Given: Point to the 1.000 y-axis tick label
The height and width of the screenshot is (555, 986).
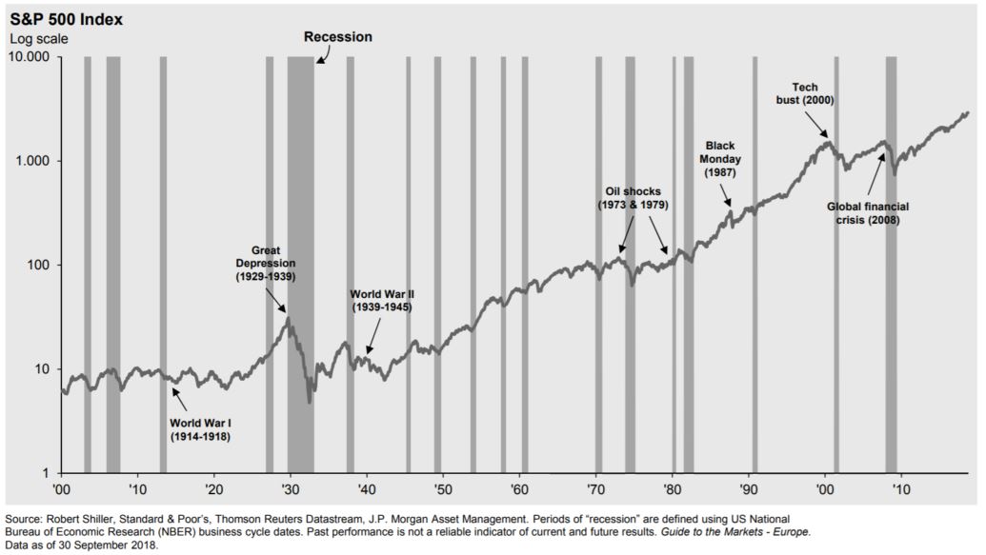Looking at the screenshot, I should [x=34, y=161].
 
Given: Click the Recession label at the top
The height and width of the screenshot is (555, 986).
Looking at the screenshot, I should [x=337, y=37].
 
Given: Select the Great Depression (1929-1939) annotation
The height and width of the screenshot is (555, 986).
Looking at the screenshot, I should [x=267, y=263].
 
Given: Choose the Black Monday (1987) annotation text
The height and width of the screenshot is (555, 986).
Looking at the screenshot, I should [x=720, y=159].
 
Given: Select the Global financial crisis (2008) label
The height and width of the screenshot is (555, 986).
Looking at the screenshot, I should [x=862, y=212].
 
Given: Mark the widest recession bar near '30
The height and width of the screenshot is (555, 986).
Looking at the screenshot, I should [x=301, y=267].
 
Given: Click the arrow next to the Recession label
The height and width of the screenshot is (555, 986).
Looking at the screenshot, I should [x=321, y=57].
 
